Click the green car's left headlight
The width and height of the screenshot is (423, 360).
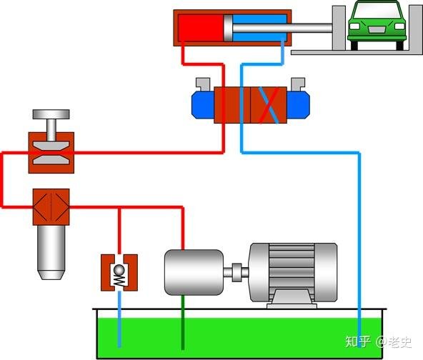[354, 26]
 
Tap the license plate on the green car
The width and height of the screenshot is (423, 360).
[377, 30]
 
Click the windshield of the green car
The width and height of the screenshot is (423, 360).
[377, 11]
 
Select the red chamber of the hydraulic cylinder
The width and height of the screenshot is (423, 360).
[201, 28]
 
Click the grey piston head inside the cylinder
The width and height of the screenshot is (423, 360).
[228, 28]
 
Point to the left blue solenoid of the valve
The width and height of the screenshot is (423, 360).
[203, 105]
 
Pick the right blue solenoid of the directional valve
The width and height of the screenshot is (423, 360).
[298, 105]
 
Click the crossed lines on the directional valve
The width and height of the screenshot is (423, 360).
[269, 105]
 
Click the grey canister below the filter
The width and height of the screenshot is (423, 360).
[51, 252]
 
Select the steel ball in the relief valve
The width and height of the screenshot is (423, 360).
[119, 270]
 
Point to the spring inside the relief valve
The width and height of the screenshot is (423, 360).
[119, 281]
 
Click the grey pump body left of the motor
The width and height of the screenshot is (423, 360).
[194, 272]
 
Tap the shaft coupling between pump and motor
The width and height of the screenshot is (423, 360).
[237, 272]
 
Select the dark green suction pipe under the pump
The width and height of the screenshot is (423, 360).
[183, 322]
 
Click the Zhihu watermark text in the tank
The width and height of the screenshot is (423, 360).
[378, 342]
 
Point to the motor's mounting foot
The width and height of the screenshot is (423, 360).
[292, 299]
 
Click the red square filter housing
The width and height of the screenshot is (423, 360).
[51, 207]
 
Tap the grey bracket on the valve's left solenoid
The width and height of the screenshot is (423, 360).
[203, 84]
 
